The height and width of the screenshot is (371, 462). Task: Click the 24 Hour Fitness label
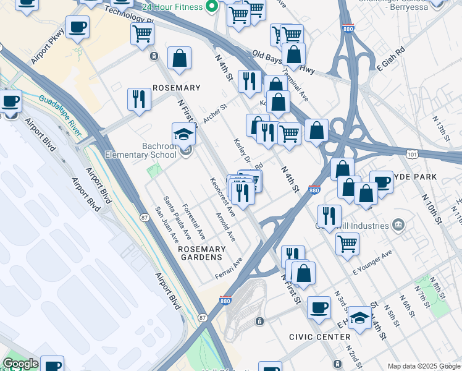[x=172, y=7]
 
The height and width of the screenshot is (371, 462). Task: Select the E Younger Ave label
[x=372, y=263]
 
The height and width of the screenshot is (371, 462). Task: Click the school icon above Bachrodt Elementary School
[x=184, y=134]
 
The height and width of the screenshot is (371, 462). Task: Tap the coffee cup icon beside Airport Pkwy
[x=77, y=27]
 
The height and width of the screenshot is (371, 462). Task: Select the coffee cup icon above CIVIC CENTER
[x=319, y=307]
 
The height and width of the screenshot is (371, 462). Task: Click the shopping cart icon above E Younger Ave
[x=347, y=243]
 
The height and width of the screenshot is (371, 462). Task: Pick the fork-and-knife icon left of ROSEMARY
[x=139, y=98]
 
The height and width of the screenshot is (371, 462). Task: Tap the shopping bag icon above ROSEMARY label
[x=178, y=59]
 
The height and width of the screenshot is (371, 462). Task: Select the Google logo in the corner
[x=20, y=364]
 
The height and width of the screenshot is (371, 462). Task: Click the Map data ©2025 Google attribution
[x=423, y=366]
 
